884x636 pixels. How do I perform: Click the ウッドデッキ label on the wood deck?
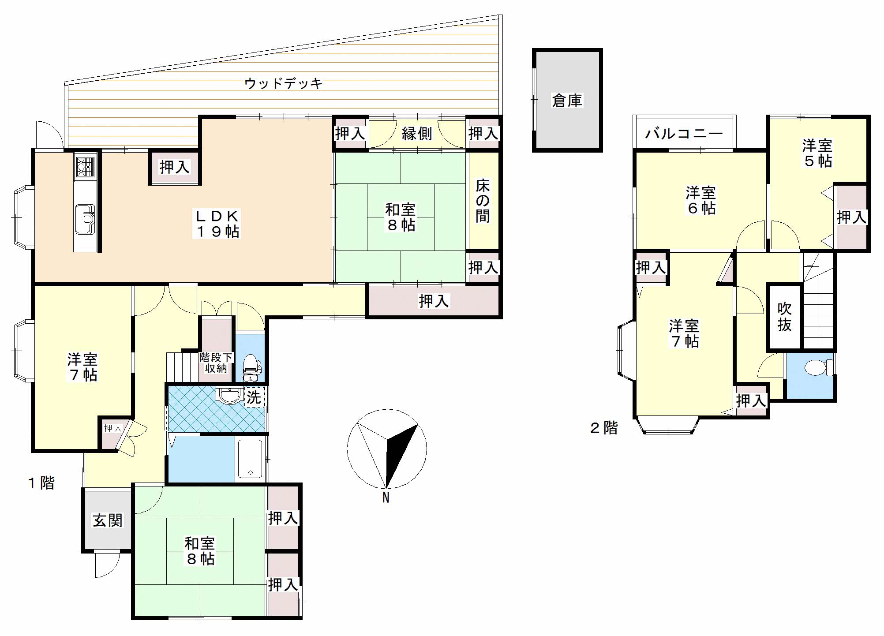coord(283,83)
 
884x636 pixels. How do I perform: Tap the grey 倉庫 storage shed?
coord(567,100)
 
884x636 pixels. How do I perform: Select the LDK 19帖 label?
coord(217,224)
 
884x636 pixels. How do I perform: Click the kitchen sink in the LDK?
coord(85,219)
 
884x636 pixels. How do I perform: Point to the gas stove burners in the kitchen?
coord(85,166)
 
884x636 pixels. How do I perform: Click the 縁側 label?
coord(416,133)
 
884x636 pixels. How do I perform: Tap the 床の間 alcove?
coord(483,201)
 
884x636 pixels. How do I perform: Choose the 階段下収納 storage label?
coord(216,362)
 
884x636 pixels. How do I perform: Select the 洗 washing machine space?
coord(254,397)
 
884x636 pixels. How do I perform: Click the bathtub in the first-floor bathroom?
coord(251,459)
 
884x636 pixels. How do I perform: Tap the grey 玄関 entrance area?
coord(107,520)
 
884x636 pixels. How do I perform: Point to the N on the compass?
coord(386,498)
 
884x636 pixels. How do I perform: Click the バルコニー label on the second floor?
coord(684,133)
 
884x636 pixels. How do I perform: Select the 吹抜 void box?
coord(784,316)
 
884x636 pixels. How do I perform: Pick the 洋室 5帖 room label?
coord(817,153)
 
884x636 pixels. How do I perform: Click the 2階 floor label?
coord(604,427)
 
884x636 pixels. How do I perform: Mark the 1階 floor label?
coord(41,483)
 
